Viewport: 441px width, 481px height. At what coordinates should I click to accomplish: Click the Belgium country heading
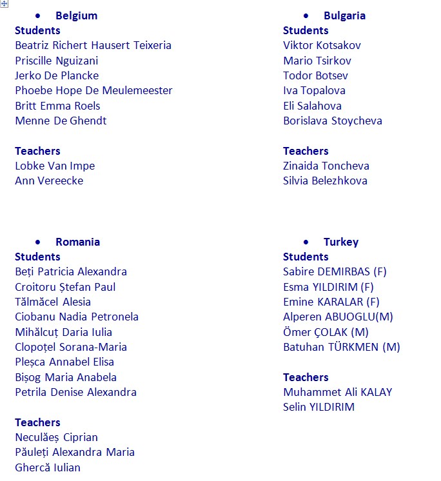coord(76,15)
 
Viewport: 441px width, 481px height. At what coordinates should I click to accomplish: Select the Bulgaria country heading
coord(344,15)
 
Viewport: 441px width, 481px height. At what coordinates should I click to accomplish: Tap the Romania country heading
coord(77,242)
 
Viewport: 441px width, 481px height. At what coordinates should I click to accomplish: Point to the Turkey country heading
coord(340,242)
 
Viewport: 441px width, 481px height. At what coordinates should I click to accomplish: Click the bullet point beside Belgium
coord(40,15)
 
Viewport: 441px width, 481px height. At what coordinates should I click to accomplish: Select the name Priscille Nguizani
coord(57,61)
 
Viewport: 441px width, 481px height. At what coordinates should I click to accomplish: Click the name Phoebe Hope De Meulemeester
coord(93,90)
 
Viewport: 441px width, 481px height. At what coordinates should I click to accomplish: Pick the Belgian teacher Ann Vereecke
coord(49,181)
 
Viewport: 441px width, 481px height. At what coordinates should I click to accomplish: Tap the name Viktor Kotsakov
coord(322,45)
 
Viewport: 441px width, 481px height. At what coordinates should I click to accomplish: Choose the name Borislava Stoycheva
coord(332,121)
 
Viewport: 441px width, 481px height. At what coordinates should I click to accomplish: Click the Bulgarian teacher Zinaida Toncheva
coord(326,166)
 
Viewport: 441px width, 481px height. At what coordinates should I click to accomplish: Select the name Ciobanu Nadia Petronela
coord(77,317)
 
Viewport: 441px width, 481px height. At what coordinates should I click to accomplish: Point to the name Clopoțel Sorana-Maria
coord(71,347)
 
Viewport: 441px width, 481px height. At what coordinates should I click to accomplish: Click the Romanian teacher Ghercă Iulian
coord(48,467)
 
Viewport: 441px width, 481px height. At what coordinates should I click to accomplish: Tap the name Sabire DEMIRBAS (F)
coord(335,271)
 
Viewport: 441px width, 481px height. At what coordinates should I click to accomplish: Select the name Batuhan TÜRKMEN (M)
coord(341,347)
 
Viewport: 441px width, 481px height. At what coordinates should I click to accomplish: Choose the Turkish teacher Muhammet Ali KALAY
coord(337,392)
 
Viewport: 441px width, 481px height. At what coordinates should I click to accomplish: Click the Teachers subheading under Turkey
coord(306,377)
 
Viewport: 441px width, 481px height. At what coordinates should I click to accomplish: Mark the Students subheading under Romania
coord(37,257)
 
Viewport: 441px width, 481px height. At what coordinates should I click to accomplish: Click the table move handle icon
coord(5,5)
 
